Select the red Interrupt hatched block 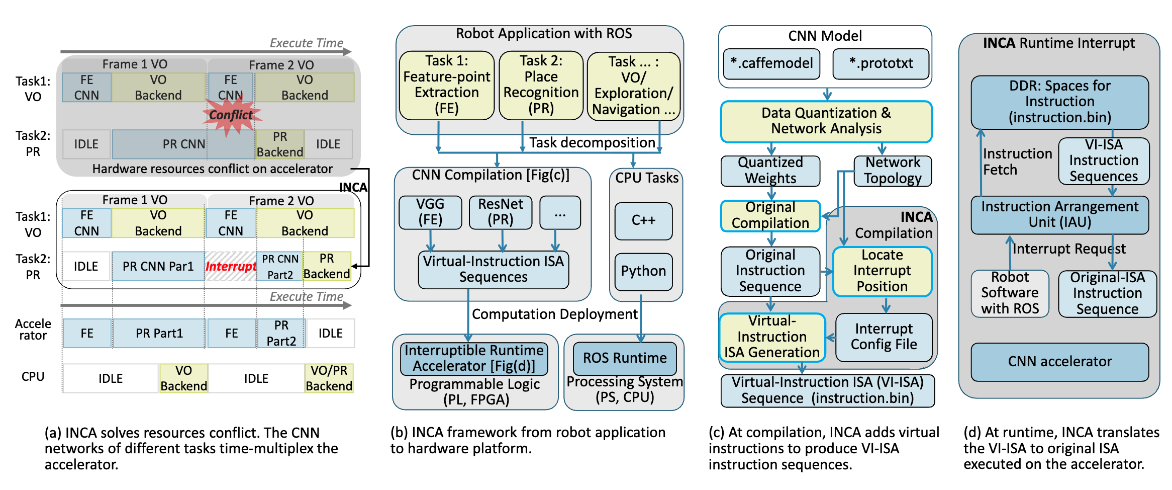231,266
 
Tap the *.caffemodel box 771,63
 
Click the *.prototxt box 881,63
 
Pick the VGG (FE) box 430,212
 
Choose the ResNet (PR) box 501,212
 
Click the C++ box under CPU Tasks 643,220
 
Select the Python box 643,271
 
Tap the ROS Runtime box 625,358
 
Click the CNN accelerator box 1059,361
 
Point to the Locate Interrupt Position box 882,271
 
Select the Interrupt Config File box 884,337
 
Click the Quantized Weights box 770,171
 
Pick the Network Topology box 893,171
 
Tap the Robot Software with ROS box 1010,293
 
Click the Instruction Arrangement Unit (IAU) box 1059,214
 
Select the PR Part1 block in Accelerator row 159,333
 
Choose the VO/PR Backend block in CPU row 329,378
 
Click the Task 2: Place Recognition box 541,85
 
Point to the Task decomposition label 592,143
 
